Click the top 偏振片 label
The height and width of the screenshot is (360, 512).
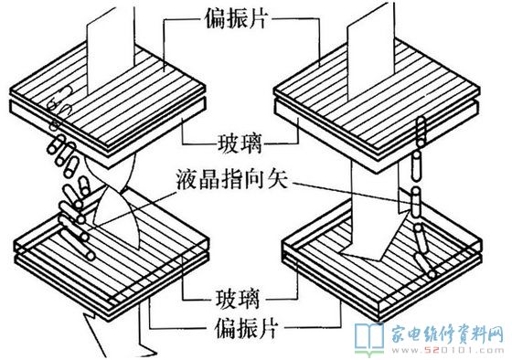point(236,18)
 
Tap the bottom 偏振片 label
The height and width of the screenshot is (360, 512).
point(247,327)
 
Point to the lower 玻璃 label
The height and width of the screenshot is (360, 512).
point(239,298)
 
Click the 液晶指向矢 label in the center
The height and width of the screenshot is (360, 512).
point(232,179)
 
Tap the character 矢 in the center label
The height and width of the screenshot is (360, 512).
point(278,179)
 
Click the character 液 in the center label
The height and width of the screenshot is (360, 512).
point(187,179)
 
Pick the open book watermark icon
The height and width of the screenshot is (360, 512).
point(369,339)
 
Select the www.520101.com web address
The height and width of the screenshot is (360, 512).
point(448,351)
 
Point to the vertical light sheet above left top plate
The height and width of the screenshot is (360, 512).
point(111,49)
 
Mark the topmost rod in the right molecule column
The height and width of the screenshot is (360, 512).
point(421,132)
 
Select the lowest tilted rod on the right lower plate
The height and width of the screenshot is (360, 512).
point(425,266)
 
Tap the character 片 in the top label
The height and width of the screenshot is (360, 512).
point(258,18)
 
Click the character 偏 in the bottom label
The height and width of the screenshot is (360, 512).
point(225,327)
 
